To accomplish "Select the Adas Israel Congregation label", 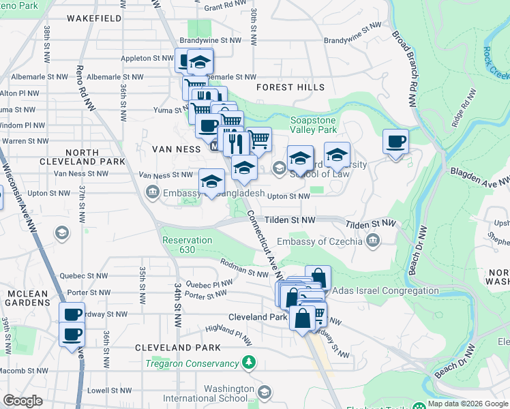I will (x=385, y=290).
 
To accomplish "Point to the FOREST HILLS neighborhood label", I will (x=290, y=87).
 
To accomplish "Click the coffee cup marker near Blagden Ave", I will (x=395, y=142).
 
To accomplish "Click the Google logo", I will (x=23, y=401).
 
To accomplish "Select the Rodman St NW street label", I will (x=244, y=268).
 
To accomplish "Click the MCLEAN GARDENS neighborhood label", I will (x=27, y=299).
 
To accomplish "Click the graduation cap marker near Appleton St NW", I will (x=199, y=63).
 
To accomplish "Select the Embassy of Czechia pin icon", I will (x=372, y=239).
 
